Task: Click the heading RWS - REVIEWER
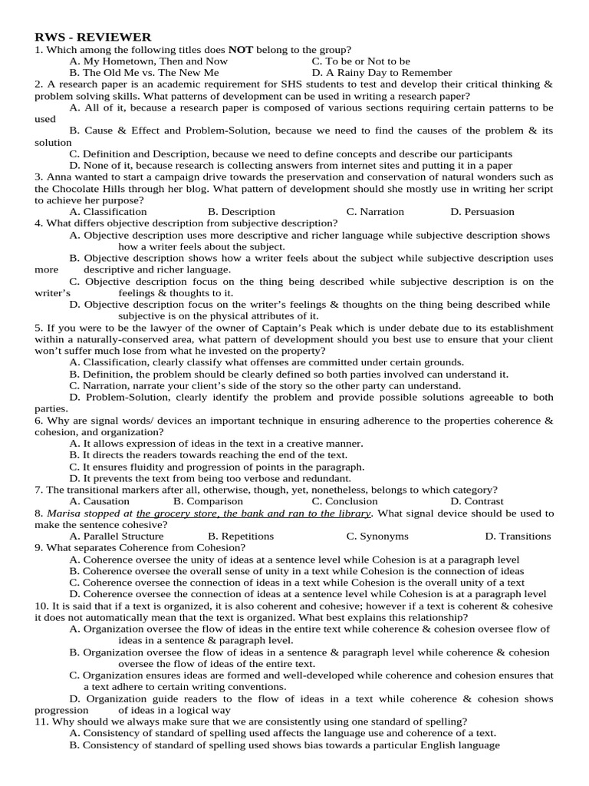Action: click(93, 37)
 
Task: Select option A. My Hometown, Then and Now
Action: click(148, 61)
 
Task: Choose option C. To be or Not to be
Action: click(361, 61)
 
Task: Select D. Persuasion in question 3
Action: click(482, 211)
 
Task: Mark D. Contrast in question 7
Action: click(477, 501)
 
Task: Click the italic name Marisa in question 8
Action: click(64, 513)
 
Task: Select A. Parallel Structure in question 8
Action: click(116, 536)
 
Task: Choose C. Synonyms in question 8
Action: click(377, 536)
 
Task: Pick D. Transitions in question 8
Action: click(518, 536)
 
